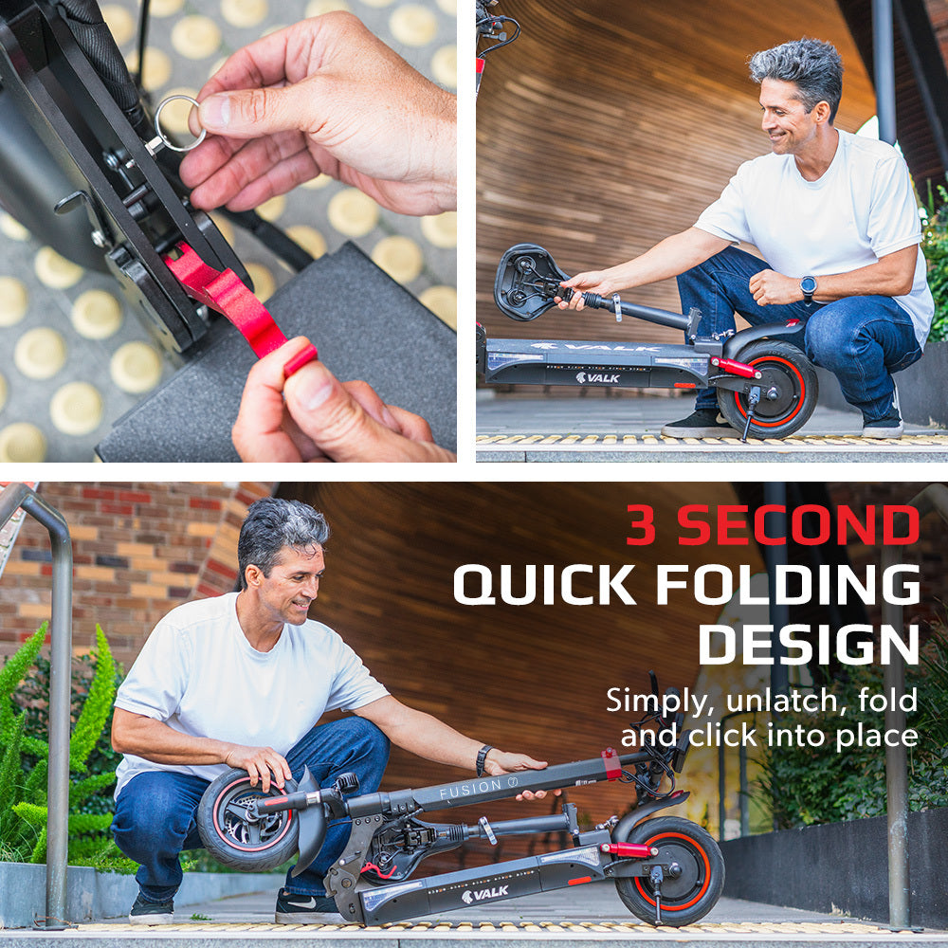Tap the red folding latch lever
tap(236, 302)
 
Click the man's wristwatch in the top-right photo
tap(809, 286)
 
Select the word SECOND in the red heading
tap(798, 525)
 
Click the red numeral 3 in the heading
tap(642, 525)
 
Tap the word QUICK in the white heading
tap(544, 585)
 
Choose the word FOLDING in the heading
tap(788, 585)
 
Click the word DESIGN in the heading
tap(809, 645)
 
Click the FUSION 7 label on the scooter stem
tap(479, 788)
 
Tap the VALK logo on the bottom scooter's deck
tap(484, 895)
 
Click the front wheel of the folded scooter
tap(247, 819)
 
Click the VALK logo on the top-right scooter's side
tap(597, 378)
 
